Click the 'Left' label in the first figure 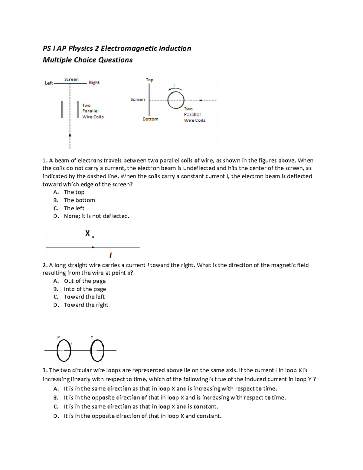49,83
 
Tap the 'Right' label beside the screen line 94,83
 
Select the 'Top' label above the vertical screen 149,80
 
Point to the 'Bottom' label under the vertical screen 150,119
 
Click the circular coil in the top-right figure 176,100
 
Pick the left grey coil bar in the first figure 62,109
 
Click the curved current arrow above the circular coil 175,88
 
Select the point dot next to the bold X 93,237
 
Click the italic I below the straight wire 110,255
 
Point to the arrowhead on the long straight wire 93,247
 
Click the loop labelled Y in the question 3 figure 97,350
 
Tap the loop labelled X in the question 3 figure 64,350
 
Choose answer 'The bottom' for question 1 79,200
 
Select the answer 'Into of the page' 85,289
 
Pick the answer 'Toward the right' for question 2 86,305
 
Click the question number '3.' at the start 45,370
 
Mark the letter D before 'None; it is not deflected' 56,216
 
